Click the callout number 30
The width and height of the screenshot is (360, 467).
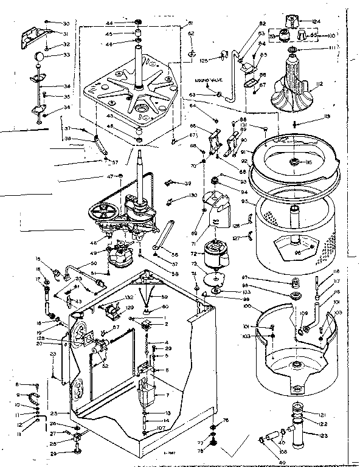[66, 23]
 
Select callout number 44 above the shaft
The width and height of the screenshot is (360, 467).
[126, 22]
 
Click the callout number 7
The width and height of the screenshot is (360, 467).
[167, 394]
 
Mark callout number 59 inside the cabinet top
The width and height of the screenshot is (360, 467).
[165, 297]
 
